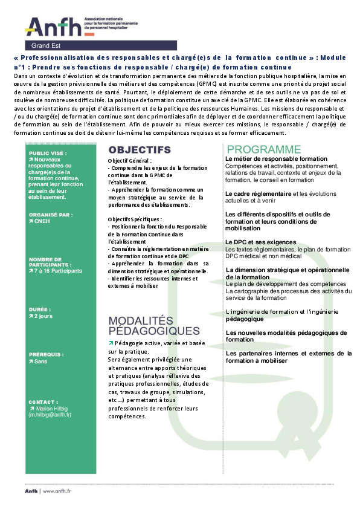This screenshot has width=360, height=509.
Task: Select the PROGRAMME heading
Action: [263, 149]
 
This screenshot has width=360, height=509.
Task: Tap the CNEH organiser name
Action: [44, 221]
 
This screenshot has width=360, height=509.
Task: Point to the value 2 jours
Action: [43, 316]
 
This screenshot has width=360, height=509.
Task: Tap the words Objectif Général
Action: [129, 160]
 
